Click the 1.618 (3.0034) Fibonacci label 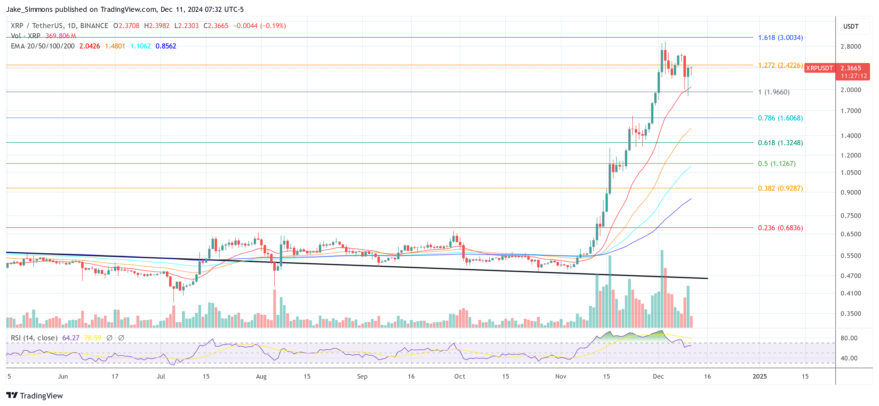(x=780, y=38)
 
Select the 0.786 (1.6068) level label (x=780, y=118)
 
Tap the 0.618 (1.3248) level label (x=780, y=143)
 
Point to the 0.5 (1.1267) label (x=776, y=164)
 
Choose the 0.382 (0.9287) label (x=780, y=189)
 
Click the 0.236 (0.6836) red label (x=780, y=228)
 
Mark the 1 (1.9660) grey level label (x=774, y=92)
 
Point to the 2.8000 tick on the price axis (x=850, y=47)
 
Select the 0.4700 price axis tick (x=850, y=276)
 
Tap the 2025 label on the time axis (x=759, y=376)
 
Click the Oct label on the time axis (x=459, y=376)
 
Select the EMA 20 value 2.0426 (x=89, y=46)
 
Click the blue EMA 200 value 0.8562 (x=165, y=46)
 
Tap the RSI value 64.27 (x=71, y=338)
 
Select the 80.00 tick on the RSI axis (x=849, y=338)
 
